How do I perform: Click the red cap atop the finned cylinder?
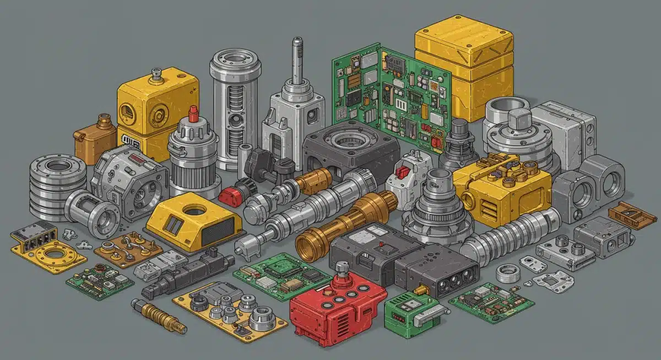[193, 114]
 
